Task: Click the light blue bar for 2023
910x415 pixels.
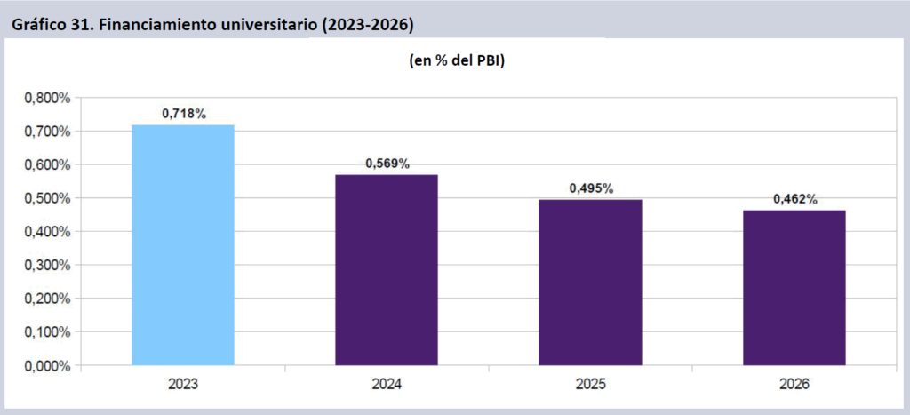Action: pos(183,244)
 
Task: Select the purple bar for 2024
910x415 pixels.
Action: pos(387,269)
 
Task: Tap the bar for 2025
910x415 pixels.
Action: pos(590,282)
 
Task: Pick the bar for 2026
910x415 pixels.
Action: pos(794,287)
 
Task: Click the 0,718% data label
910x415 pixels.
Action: pos(184,114)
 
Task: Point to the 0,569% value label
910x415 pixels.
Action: pos(387,164)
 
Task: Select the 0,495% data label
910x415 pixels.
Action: pos(591,188)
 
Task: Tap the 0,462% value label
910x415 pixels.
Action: pos(794,199)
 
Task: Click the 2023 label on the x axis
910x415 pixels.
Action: pos(183,385)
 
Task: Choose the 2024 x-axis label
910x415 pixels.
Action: pos(387,385)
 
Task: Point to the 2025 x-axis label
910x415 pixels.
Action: pos(590,385)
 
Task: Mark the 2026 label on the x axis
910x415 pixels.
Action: pos(794,385)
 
